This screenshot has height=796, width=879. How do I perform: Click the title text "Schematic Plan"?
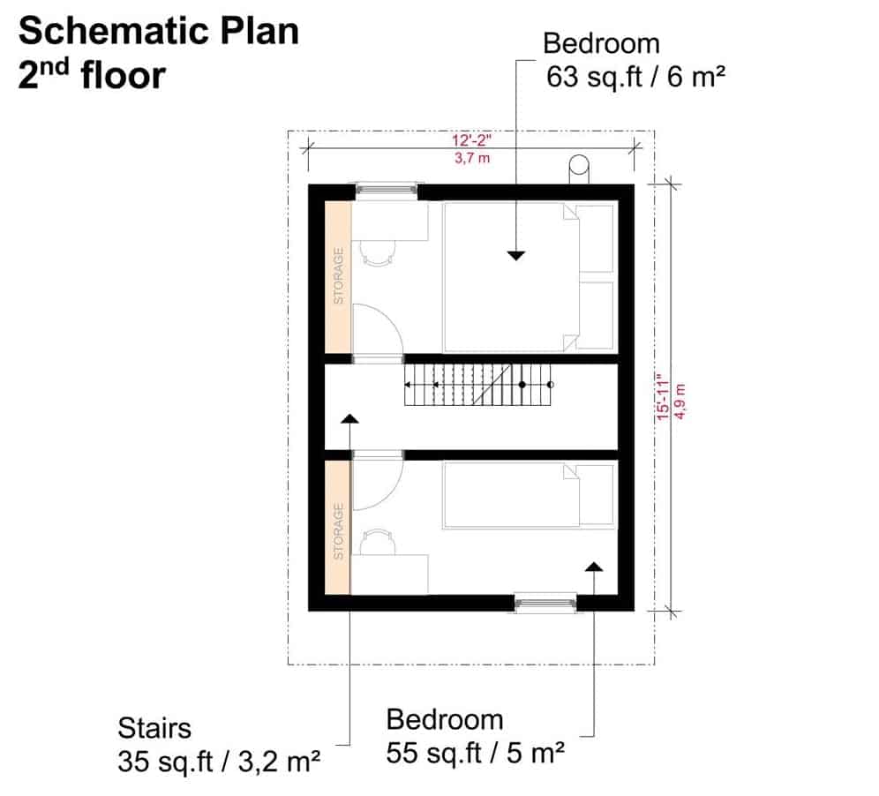[159, 31]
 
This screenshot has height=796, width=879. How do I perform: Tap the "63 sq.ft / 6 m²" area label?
[635, 77]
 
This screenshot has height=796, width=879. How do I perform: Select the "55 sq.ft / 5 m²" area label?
[476, 753]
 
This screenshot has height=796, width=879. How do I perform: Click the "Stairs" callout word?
[154, 728]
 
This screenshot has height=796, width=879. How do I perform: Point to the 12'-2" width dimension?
[472, 140]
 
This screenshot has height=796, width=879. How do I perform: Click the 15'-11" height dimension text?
[663, 397]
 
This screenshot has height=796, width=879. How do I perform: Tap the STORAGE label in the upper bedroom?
[339, 276]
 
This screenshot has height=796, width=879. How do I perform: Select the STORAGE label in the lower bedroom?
[339, 531]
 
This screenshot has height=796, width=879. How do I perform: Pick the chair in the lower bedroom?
[377, 542]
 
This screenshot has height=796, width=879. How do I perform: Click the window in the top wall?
[387, 190]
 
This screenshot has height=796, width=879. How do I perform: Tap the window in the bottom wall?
[545, 603]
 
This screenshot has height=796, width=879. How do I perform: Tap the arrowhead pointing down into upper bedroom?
[515, 256]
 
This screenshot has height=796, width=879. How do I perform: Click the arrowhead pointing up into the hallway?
[349, 418]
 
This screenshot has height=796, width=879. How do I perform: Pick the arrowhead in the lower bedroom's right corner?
[594, 567]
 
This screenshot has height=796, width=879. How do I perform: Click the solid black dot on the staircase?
[522, 385]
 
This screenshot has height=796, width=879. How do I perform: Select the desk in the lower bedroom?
[389, 574]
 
